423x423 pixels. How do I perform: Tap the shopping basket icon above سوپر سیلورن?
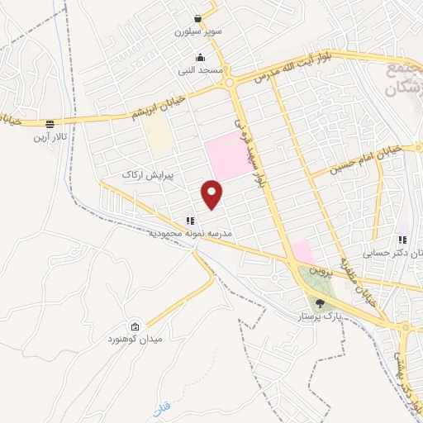[x=199, y=18]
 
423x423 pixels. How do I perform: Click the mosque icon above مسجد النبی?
[x=200, y=58]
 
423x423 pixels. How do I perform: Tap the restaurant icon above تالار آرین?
[x=50, y=123]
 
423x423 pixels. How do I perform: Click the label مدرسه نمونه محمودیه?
[x=191, y=235]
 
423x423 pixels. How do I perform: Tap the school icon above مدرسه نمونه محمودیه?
[x=190, y=221]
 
